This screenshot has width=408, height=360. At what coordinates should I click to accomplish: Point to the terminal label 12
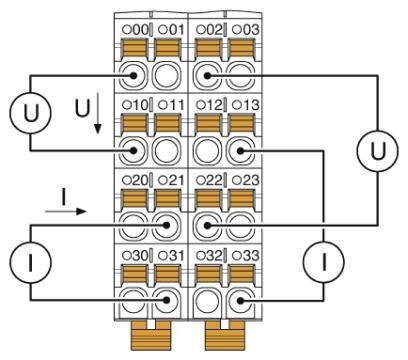[x=211, y=104]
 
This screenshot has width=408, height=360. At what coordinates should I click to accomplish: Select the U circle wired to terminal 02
[x=375, y=150]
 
